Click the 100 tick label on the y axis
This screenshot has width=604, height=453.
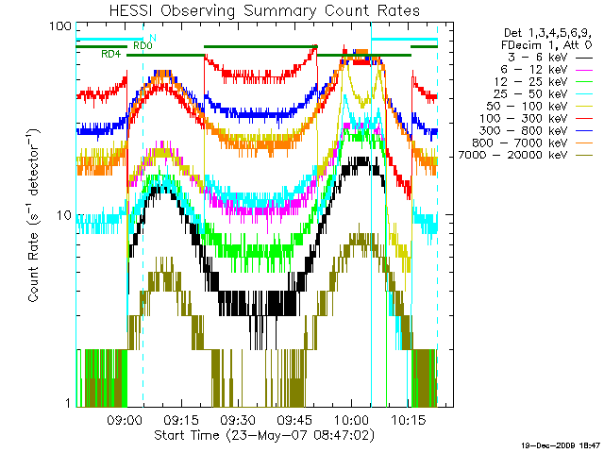(61, 25)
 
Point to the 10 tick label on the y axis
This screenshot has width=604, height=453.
(65, 214)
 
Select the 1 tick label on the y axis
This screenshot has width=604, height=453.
(69, 403)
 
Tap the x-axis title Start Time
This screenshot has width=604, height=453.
(255, 436)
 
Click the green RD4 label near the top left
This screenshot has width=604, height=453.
(109, 55)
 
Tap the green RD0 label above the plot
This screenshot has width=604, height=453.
(142, 44)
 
